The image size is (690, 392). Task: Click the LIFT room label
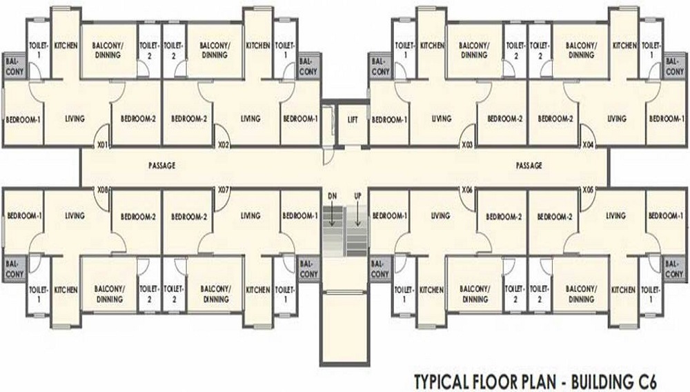tap(353, 119)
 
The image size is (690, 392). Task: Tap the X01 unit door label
tap(102, 144)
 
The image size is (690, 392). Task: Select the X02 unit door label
tap(224, 144)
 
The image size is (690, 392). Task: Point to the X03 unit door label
tap(467, 144)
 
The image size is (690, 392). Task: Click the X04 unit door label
tap(589, 144)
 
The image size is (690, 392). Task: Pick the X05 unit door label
tap(589, 190)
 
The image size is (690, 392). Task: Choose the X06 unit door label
tap(467, 190)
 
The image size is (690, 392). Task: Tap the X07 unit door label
tap(224, 190)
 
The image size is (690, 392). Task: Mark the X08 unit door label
tap(102, 190)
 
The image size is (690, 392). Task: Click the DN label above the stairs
tap(333, 196)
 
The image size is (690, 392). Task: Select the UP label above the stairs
tap(357, 196)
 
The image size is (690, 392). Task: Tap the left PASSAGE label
tap(162, 166)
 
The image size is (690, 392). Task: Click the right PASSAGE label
tap(529, 166)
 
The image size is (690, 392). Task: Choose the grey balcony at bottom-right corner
tap(674, 268)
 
